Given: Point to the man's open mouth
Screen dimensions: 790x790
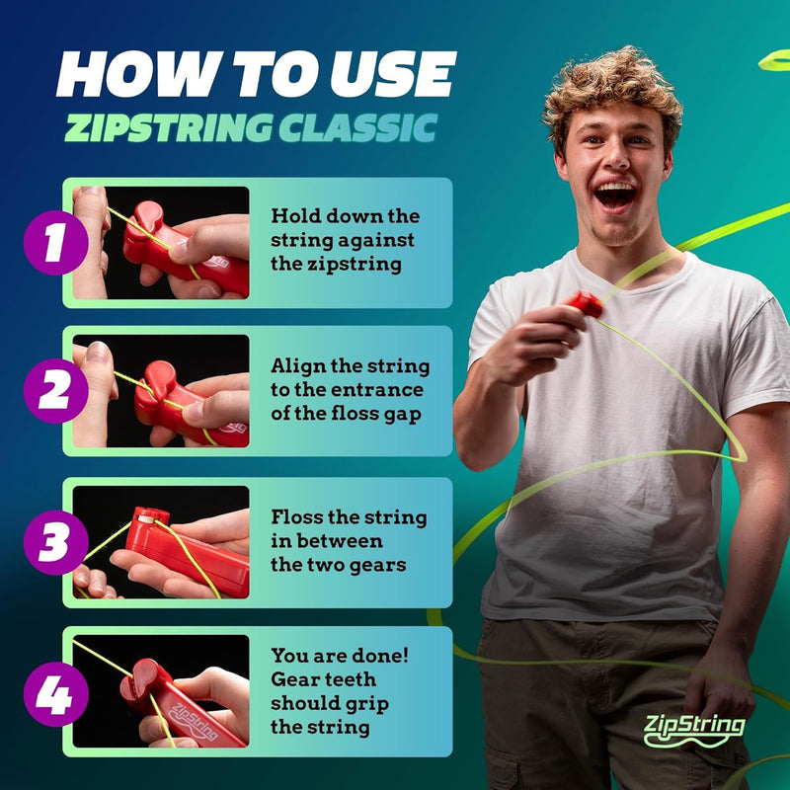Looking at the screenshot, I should [615, 195].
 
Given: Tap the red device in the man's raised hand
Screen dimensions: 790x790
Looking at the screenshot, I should [584, 303].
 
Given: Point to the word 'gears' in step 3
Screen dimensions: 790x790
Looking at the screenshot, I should [398, 565].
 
